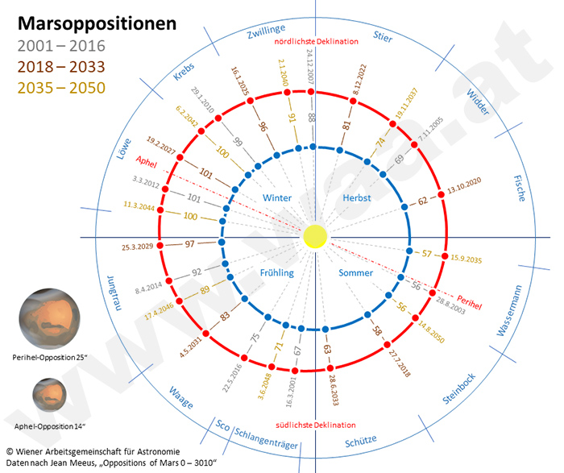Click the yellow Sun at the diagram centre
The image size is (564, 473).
[x=315, y=237]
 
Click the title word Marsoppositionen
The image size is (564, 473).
[x=97, y=23]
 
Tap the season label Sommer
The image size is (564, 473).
[x=356, y=273]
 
